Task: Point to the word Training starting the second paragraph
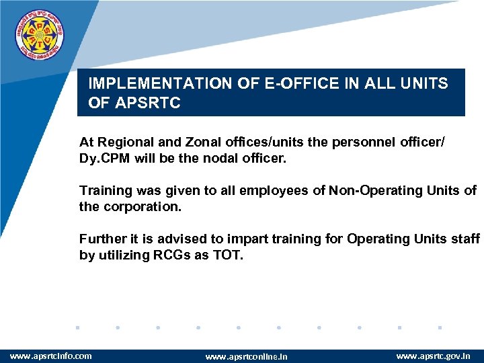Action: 103,191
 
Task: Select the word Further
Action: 101,239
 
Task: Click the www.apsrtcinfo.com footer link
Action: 50,356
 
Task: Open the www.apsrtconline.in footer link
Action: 246,356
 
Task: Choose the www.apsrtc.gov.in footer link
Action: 434,356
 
